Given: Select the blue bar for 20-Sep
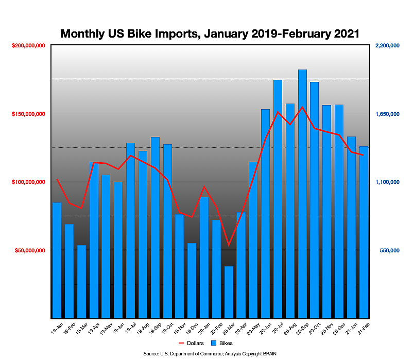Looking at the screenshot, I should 303,196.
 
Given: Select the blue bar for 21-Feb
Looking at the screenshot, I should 364,232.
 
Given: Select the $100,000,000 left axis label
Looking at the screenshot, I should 28,182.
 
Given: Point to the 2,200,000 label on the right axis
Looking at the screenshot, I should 387,46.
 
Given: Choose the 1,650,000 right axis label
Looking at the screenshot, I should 387,114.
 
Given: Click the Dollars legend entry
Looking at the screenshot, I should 191,342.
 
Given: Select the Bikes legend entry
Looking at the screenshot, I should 222,342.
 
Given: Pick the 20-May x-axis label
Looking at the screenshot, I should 252,328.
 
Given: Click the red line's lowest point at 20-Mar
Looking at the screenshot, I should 229,245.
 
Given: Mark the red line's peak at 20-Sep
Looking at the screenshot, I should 303,107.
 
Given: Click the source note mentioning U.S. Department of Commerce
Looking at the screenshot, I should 210,354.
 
